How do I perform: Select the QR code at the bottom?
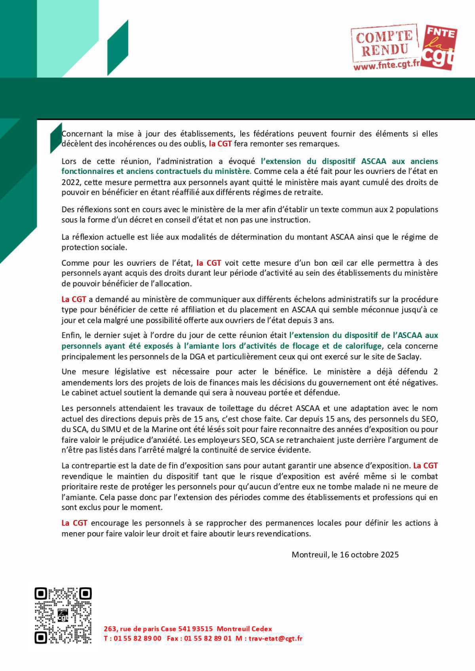point(63,615)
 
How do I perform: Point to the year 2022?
point(70,182)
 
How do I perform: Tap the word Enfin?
point(71,335)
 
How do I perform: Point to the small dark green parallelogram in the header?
point(118,48)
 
